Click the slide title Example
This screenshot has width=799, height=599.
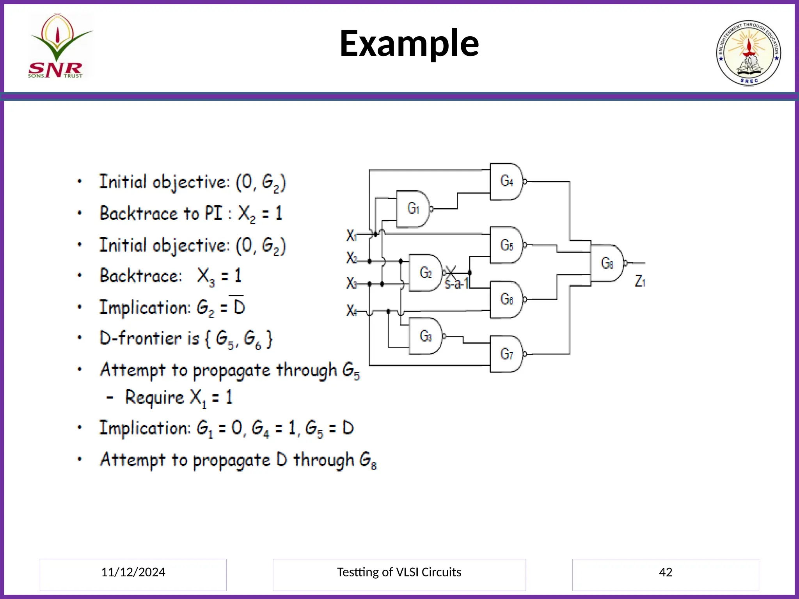[409, 44]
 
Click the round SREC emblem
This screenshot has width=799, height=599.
[748, 53]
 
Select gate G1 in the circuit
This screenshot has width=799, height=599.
[413, 209]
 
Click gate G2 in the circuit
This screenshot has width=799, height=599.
[425, 273]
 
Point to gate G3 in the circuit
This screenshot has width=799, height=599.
[425, 336]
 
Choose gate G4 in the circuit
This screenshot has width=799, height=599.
[506, 181]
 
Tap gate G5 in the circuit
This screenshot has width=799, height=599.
[506, 245]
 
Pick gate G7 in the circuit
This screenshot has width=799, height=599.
[506, 354]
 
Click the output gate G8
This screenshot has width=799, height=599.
[607, 263]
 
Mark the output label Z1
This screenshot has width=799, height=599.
[640, 281]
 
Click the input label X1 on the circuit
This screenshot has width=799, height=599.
[351, 236]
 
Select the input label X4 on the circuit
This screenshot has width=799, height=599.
[351, 311]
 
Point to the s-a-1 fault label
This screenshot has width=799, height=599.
[456, 284]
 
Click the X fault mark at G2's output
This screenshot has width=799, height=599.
[451, 272]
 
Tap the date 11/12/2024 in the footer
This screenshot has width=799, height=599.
[133, 572]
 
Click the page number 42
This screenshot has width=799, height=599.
[665, 572]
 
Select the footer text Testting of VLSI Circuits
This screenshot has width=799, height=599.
[399, 572]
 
